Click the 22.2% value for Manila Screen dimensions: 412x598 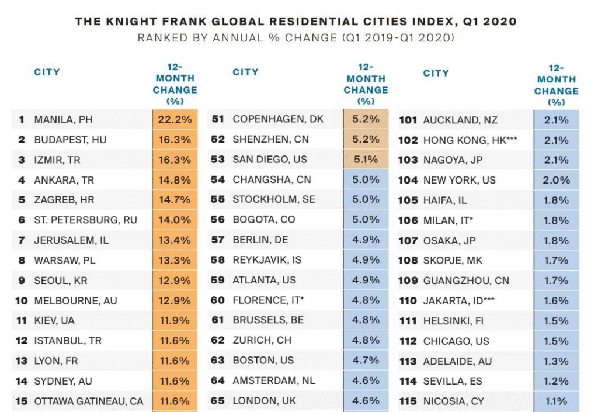click(175, 120)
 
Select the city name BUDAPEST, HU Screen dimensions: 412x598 click(70, 140)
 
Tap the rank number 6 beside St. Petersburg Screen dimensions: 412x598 click(22, 220)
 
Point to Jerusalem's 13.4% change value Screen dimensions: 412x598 click(175, 240)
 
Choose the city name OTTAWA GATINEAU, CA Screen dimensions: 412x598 click(88, 401)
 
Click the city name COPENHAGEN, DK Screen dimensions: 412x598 click(278, 119)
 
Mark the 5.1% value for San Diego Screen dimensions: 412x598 click(366, 159)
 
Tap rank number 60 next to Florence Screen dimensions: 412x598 click(218, 300)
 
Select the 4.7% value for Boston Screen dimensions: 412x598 click(366, 360)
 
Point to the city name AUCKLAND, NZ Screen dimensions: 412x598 click(460, 120)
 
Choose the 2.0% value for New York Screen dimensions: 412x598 click(556, 180)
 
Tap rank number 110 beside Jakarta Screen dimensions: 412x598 click(408, 301)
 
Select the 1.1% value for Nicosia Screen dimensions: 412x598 click(556, 401)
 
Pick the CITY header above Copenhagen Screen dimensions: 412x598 click(245, 72)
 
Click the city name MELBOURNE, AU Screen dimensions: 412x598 click(75, 300)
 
